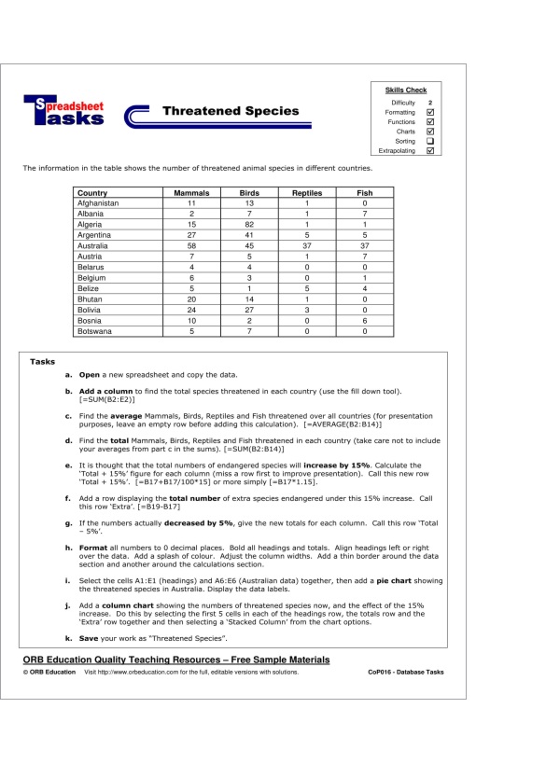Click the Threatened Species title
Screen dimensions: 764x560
click(231, 111)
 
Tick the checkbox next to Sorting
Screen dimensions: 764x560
click(430, 141)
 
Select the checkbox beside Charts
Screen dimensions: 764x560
click(430, 132)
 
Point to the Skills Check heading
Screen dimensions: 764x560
click(406, 90)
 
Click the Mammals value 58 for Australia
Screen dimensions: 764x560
click(191, 246)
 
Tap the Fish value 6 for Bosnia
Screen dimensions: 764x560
click(364, 320)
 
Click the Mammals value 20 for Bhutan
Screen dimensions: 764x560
click(191, 299)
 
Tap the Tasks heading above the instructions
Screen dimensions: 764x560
click(43, 361)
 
